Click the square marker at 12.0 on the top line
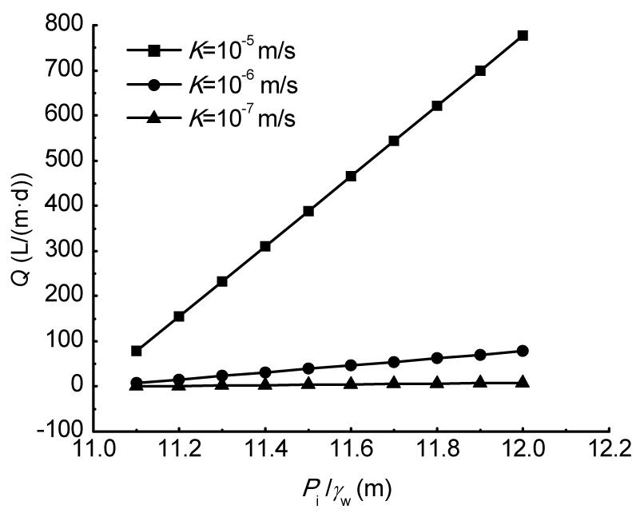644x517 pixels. point(523,36)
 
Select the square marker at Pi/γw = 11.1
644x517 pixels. point(137,351)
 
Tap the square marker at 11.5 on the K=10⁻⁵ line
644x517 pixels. point(308,211)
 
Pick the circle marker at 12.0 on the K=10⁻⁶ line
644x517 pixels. point(523,351)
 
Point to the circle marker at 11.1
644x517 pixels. point(137,383)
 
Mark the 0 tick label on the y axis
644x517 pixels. point(78,387)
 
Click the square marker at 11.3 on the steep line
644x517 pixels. point(222,281)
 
